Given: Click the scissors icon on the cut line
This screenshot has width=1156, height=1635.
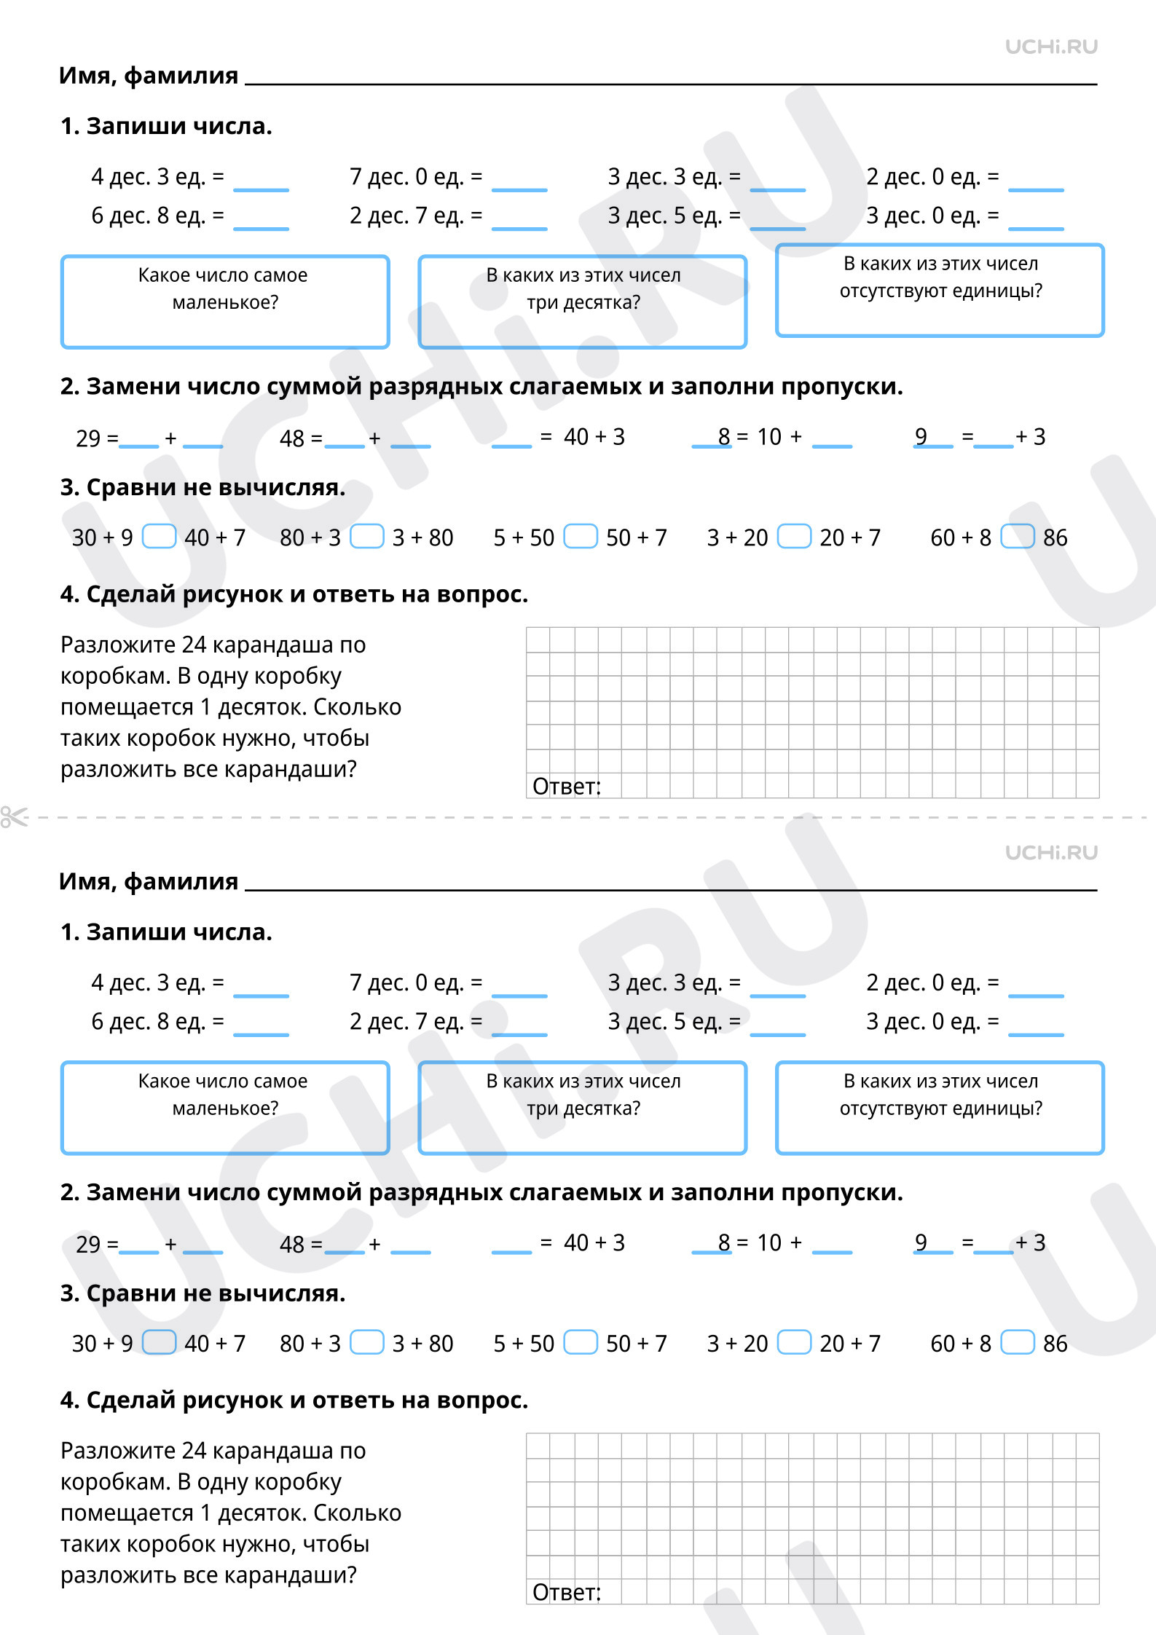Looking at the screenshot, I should pyautogui.click(x=14, y=817).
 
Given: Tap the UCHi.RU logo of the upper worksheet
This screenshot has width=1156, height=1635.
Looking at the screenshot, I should pyautogui.click(x=1051, y=47).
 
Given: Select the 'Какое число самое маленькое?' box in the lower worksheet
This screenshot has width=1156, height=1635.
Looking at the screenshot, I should pyautogui.click(x=225, y=1108).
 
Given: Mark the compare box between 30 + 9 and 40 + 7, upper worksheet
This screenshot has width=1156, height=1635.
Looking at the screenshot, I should pyautogui.click(x=159, y=537).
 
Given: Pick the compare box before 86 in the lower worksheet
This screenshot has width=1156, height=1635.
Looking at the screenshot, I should pyautogui.click(x=1017, y=1342).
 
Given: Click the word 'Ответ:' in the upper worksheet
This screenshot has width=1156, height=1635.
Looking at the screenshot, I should pyautogui.click(x=567, y=787).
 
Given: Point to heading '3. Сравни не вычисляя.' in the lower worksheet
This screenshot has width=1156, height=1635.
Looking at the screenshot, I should pyautogui.click(x=203, y=1293).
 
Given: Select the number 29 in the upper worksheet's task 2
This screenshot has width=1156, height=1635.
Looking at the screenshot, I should pyautogui.click(x=88, y=438).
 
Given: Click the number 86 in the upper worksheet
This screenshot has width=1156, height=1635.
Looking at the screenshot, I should pyautogui.click(x=1055, y=537).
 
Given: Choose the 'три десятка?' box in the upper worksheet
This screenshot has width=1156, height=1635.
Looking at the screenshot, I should pyautogui.click(x=583, y=302).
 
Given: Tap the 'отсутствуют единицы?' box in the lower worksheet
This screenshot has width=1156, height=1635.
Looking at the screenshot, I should pyautogui.click(x=940, y=1108).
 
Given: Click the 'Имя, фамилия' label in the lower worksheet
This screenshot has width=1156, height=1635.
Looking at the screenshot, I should pyautogui.click(x=149, y=881).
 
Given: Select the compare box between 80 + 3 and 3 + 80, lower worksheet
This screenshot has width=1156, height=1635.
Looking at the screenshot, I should pyautogui.click(x=366, y=1342).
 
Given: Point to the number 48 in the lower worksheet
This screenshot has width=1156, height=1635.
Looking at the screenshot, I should pyautogui.click(x=292, y=1244).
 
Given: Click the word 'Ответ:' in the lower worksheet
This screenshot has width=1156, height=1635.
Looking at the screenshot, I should pyautogui.click(x=567, y=1593).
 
